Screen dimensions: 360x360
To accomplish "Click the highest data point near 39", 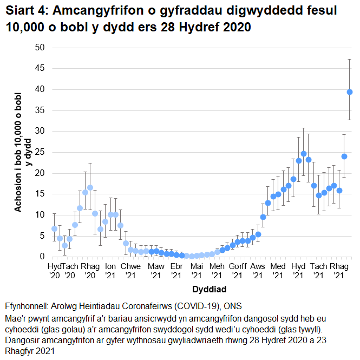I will tap(350, 92).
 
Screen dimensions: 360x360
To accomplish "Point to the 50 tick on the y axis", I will tap(40, 48).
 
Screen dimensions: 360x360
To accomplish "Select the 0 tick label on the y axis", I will tap(42, 257).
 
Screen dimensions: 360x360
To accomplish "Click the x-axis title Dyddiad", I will tap(208, 289).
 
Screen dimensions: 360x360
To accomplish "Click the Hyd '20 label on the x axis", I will tap(54, 271).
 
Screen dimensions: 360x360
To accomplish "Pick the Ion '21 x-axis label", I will tap(110, 271).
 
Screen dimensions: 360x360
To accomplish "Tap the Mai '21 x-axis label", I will tap(197, 271).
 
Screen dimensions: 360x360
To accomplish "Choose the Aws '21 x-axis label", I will tap(258, 271).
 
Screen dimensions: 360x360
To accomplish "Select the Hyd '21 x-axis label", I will tap(298, 271).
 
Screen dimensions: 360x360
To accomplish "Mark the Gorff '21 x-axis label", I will tap(237, 271).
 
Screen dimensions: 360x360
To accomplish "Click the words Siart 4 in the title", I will tap(27, 11).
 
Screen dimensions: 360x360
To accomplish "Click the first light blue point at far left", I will tap(54, 228).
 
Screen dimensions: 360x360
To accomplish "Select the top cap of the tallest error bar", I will tap(350, 59).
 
